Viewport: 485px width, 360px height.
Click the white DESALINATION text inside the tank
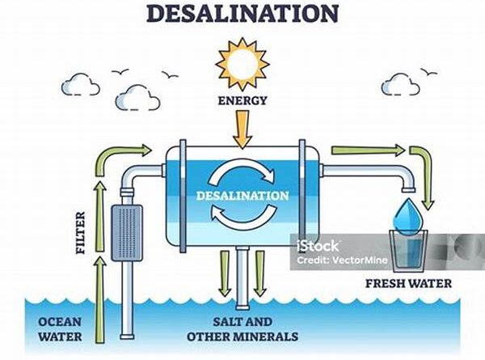click(x=242, y=195)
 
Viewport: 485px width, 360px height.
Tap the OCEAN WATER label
click(x=60, y=328)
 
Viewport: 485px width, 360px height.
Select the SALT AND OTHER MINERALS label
click(x=242, y=328)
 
